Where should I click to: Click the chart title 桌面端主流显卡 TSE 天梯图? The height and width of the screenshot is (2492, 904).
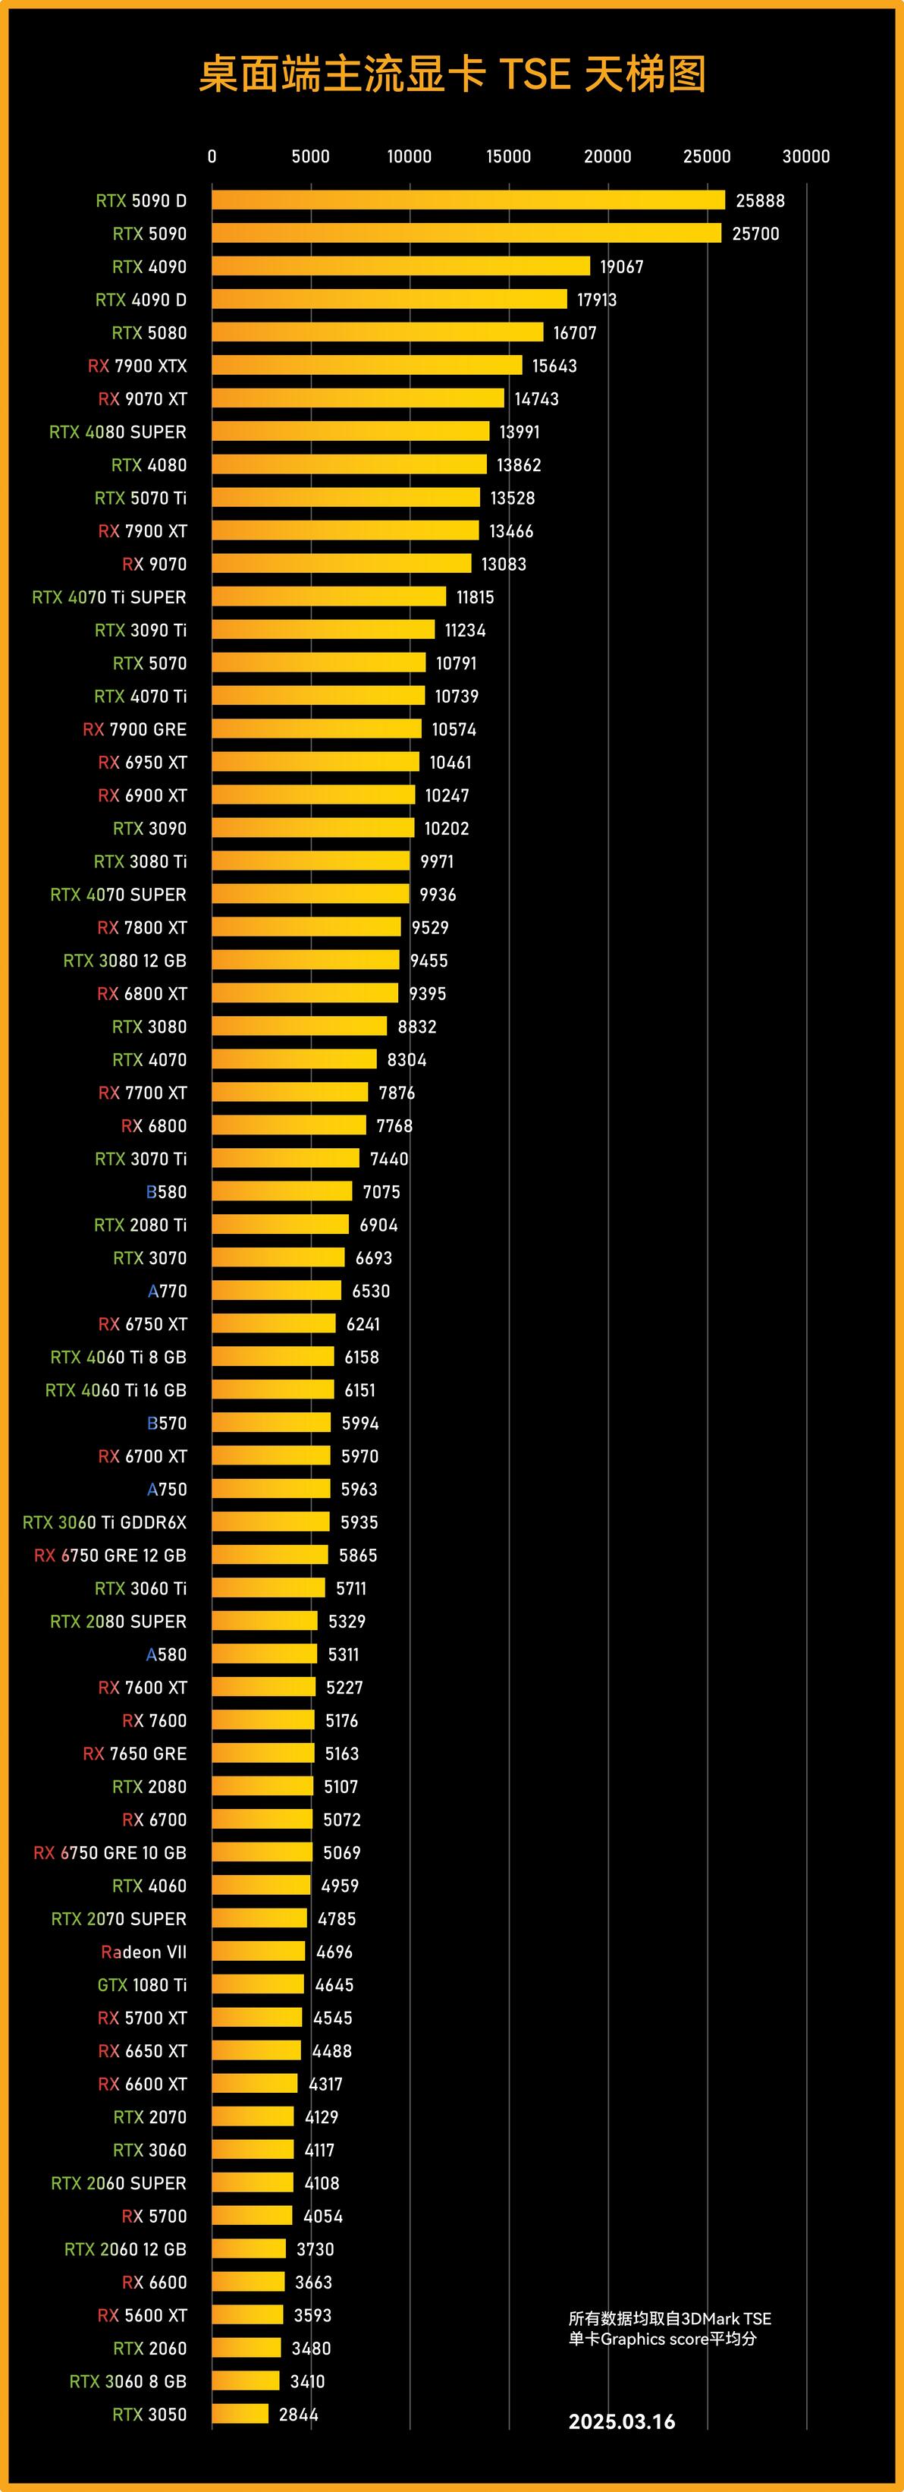tap(451, 74)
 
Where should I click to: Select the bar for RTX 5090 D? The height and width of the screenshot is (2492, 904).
tap(468, 200)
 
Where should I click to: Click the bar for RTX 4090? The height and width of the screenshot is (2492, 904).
tap(400, 266)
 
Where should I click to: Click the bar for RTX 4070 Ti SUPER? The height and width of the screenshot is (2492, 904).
tap(328, 597)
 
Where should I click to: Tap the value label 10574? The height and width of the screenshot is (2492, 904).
tap(454, 729)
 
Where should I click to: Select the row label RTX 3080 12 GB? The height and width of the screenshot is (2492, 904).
tap(124, 961)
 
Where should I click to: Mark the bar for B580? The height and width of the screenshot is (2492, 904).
tap(281, 1192)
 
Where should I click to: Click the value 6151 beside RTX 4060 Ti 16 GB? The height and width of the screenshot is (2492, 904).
tap(359, 1390)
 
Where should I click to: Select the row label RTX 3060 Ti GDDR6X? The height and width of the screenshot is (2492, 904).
tap(105, 1521)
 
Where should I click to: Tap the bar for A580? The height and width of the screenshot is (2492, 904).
tap(264, 1654)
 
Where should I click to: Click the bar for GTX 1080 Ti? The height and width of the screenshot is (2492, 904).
tap(257, 1985)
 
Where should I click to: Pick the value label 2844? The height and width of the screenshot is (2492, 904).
tap(298, 2415)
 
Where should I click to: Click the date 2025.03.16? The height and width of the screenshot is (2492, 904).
tap(622, 2421)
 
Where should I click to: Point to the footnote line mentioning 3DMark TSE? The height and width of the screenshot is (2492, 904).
tap(669, 2318)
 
